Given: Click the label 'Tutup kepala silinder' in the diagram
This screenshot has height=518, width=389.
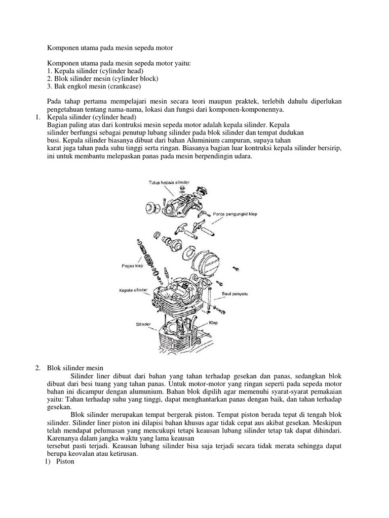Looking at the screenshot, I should [x=169, y=181].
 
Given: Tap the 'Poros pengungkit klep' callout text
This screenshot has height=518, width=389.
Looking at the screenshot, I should [x=235, y=214].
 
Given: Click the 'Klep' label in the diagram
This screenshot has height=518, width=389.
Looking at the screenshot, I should [x=213, y=322].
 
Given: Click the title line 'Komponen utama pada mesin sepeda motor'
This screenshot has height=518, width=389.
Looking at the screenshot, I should [x=110, y=48].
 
